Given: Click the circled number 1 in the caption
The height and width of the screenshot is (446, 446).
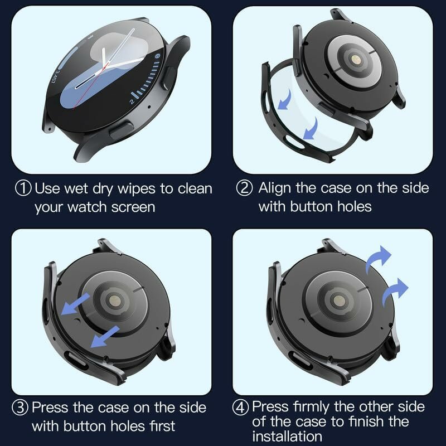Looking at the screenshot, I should [23, 188].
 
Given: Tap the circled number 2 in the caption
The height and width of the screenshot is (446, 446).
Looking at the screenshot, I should [245, 188].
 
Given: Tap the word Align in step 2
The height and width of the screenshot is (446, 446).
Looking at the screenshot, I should [276, 188].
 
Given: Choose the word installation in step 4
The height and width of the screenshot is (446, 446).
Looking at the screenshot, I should [287, 435].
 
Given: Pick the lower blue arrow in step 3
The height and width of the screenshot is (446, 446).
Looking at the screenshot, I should [106, 335].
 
